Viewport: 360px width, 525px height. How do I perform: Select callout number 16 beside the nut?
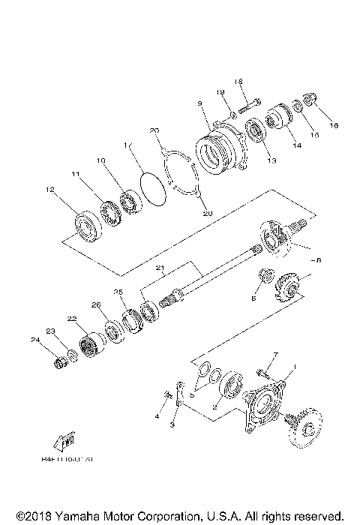click(x=334, y=125)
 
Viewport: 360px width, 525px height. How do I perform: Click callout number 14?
click(x=298, y=145)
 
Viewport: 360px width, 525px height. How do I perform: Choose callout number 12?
click(x=50, y=190)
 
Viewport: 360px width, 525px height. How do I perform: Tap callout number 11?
click(x=76, y=174)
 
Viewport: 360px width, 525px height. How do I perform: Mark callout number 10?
click(x=100, y=160)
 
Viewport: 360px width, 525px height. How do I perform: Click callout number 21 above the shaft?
click(x=159, y=268)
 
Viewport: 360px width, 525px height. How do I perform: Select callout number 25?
click(x=118, y=291)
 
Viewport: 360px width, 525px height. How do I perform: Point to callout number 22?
click(x=73, y=319)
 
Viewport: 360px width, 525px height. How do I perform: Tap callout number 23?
click(x=50, y=331)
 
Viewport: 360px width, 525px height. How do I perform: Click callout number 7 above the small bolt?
click(x=274, y=353)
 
